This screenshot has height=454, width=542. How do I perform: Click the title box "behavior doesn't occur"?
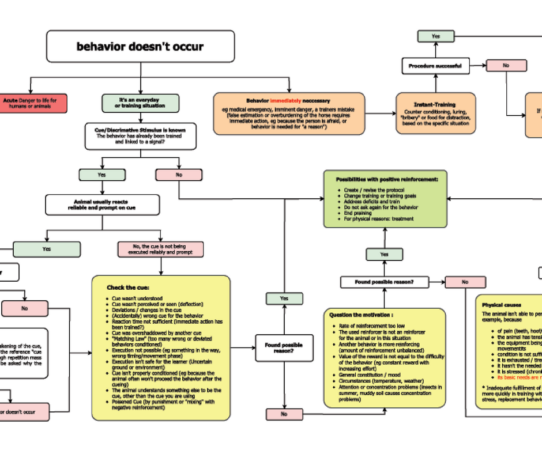(x=140, y=46)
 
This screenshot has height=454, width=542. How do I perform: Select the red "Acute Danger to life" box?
(x=33, y=104)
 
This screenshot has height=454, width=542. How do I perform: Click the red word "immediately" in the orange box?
(x=285, y=101)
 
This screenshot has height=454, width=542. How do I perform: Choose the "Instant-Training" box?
(x=435, y=113)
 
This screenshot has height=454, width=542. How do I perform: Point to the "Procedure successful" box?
(x=435, y=66)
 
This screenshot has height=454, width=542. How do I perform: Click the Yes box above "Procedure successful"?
(x=435, y=36)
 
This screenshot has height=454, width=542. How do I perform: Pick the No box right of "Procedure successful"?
(x=506, y=66)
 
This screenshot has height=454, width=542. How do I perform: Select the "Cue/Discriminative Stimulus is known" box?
(x=140, y=137)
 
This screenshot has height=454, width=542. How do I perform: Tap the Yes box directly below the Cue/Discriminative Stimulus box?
(x=101, y=175)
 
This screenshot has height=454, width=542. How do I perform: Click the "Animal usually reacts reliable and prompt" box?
(x=102, y=205)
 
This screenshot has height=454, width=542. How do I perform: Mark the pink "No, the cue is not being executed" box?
(x=160, y=249)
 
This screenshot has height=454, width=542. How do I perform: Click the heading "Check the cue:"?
(x=128, y=287)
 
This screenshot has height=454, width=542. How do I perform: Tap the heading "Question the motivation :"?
(x=362, y=315)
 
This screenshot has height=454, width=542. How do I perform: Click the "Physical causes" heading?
(x=501, y=305)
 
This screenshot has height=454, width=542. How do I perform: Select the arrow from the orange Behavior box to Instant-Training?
(x=381, y=113)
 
